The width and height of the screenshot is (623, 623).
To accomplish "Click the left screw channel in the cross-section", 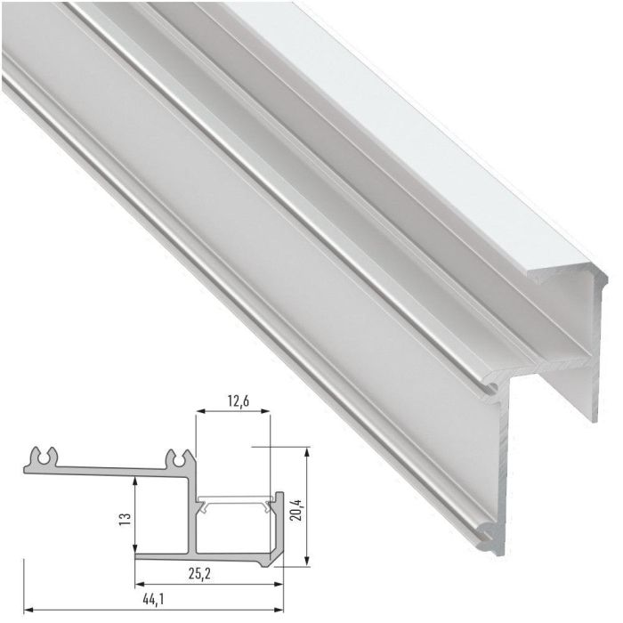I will pos(45,457).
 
